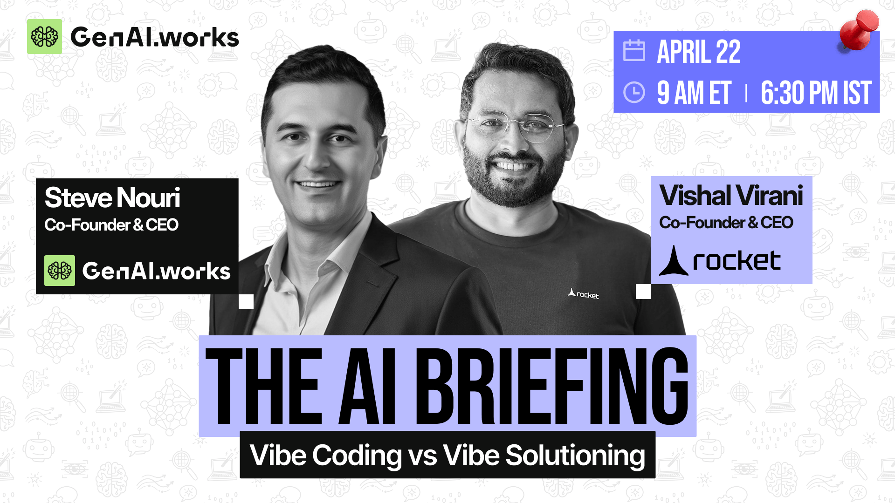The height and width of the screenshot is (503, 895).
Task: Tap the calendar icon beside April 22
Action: click(x=634, y=50)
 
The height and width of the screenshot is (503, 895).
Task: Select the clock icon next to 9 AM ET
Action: click(x=634, y=92)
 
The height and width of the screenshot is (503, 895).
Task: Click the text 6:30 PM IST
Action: click(x=816, y=93)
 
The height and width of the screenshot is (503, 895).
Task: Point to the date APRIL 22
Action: click(x=698, y=51)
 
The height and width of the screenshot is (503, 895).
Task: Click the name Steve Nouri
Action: click(x=112, y=197)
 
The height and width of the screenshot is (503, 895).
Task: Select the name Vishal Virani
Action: click(x=731, y=195)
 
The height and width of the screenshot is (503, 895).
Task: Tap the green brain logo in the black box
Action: click(x=60, y=271)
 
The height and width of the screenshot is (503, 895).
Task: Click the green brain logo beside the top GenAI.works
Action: click(x=44, y=37)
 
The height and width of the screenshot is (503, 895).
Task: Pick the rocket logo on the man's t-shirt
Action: click(x=583, y=294)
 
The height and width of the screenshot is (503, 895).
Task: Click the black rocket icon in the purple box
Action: click(x=674, y=260)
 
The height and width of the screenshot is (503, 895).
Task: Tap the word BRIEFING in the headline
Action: click(x=551, y=387)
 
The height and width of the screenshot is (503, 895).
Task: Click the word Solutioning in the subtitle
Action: click(x=575, y=455)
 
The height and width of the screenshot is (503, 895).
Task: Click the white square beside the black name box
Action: click(x=246, y=302)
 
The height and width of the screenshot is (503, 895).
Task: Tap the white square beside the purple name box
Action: click(x=643, y=292)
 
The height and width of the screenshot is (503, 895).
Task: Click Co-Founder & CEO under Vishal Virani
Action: click(x=726, y=223)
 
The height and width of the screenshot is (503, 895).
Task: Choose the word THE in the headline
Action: click(x=264, y=387)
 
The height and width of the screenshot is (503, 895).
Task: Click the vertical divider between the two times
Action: click(x=746, y=93)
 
